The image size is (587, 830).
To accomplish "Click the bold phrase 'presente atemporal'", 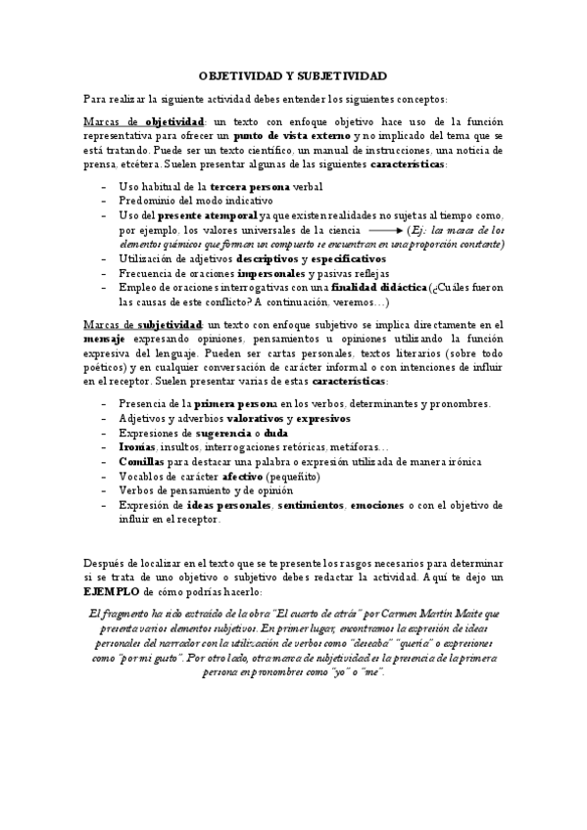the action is (207, 214).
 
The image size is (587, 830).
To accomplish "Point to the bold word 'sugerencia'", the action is (228, 433).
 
